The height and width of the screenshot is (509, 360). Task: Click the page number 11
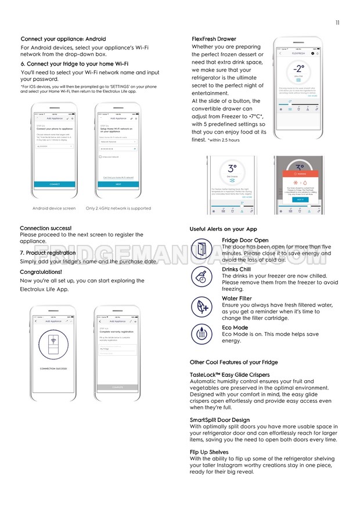[337, 23]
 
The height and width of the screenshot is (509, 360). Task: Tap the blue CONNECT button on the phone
[54, 184]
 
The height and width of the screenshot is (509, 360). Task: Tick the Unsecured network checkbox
[100, 157]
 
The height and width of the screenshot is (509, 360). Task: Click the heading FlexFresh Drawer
[214, 39]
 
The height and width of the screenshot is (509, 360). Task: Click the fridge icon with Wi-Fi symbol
[54, 346]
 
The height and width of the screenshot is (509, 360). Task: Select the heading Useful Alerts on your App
[223, 229]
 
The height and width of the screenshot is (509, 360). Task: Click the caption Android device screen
[54, 208]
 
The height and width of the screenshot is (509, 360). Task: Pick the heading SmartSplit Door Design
[219, 420]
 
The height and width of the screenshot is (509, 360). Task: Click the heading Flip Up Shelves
[209, 452]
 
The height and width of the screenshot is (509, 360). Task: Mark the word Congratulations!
[41, 272]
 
